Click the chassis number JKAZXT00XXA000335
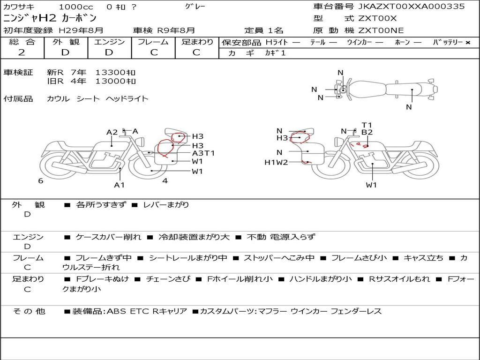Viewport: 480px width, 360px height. [x=412, y=7]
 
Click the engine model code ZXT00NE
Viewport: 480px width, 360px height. [x=381, y=30]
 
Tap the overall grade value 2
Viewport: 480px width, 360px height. [x=22, y=52]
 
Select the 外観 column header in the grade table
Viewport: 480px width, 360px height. [x=66, y=42]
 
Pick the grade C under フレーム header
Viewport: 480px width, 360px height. [x=153, y=52]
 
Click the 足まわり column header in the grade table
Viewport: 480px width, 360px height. [x=197, y=42]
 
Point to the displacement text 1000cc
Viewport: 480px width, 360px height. [x=76, y=7]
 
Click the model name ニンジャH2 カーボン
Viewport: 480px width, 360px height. [x=50, y=18]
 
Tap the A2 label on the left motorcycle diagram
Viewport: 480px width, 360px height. [x=112, y=132]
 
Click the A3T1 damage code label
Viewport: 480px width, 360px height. [x=203, y=153]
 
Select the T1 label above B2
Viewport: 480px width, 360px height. [x=367, y=125]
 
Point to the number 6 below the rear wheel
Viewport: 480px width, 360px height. [x=41, y=180]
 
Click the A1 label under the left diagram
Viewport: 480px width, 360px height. [x=120, y=185]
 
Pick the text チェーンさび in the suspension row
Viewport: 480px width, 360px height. [x=168, y=279]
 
